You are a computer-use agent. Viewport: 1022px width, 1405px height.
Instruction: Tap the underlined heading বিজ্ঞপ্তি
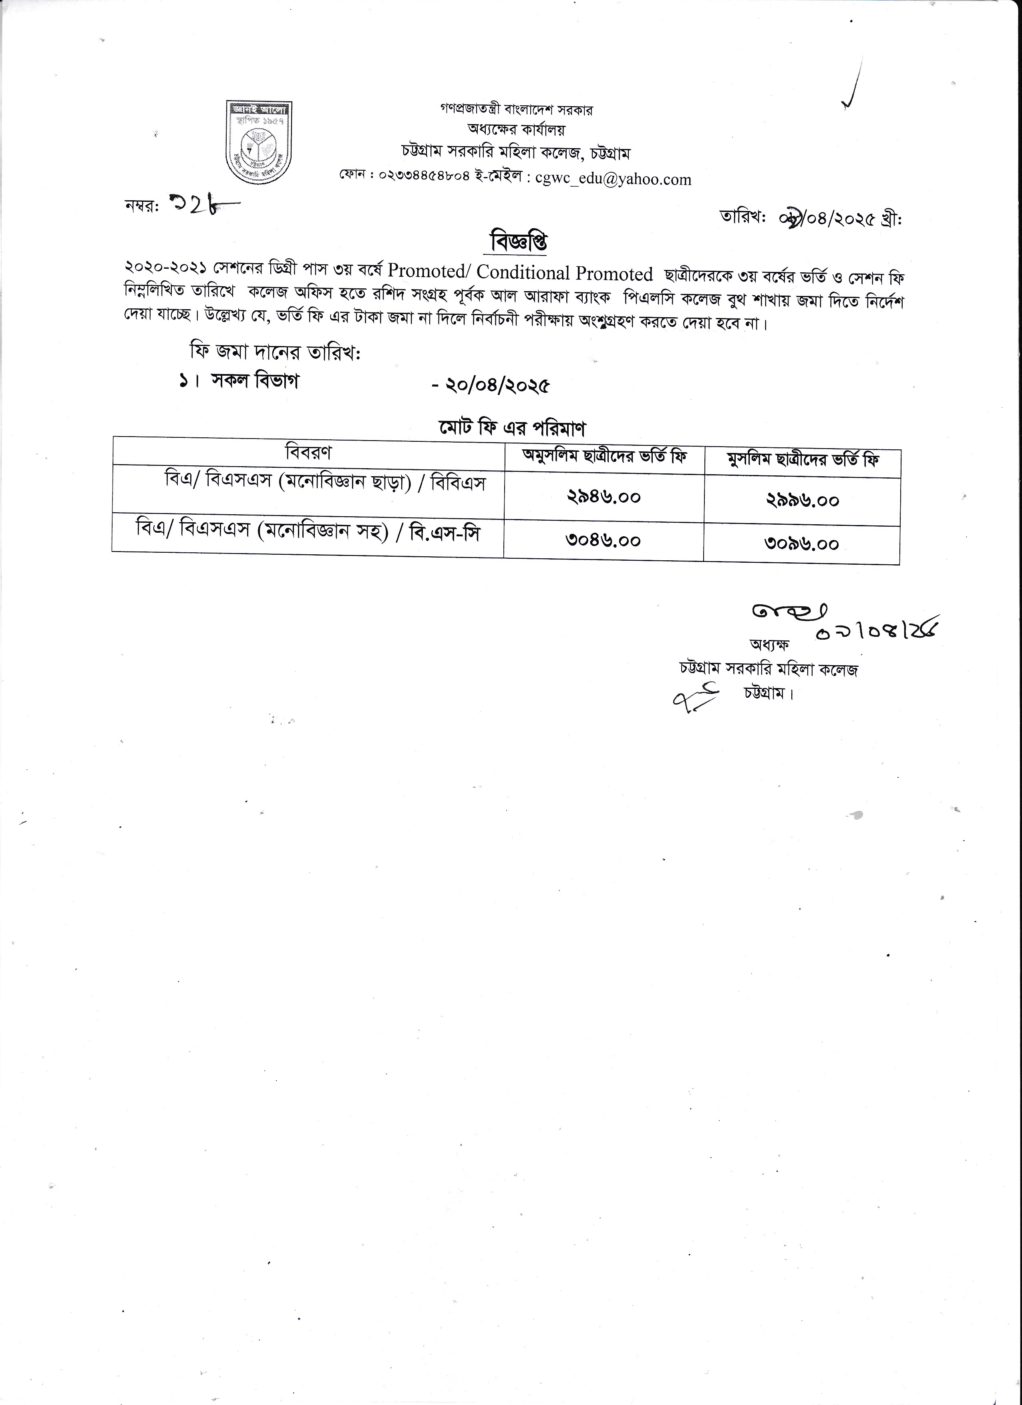pos(519,242)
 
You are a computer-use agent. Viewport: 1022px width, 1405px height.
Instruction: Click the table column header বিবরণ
pos(308,452)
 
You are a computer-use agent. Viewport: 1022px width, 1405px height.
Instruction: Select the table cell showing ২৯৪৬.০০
pos(604,497)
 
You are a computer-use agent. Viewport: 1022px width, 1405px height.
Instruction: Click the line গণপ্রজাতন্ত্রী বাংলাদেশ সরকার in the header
pos(517,110)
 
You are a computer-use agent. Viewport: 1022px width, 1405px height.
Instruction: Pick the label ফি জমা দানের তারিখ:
pos(275,352)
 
